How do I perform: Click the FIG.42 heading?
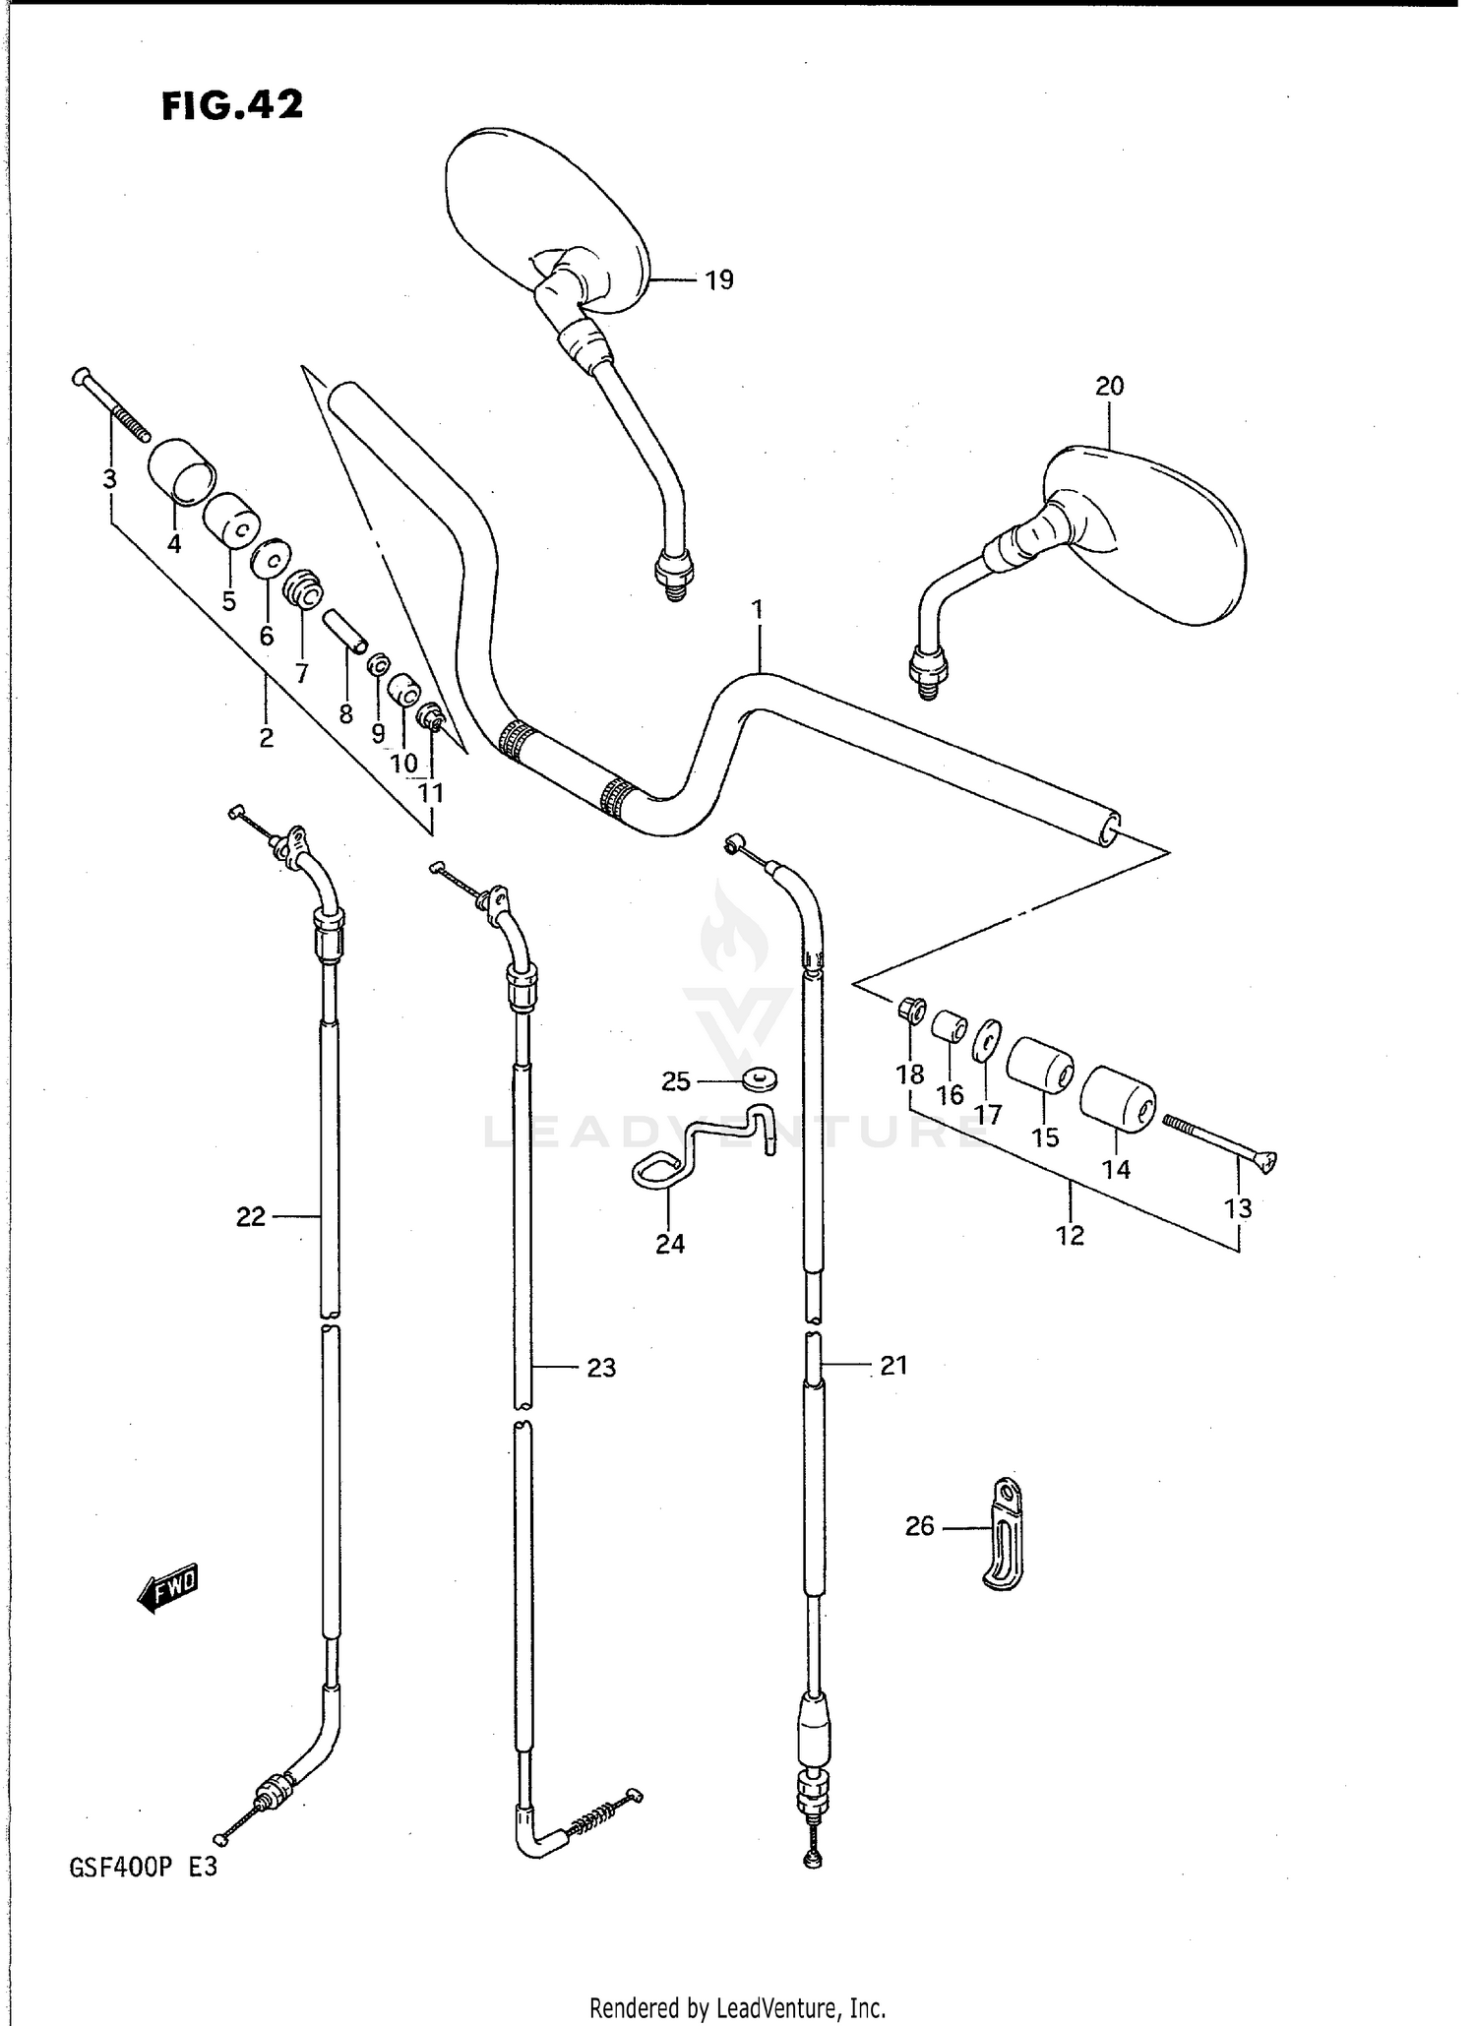(232, 104)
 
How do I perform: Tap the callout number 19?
(719, 280)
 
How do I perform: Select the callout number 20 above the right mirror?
(1109, 387)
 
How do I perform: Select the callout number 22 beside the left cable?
(251, 1218)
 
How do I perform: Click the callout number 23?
(601, 1368)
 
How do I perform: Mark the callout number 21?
(892, 1365)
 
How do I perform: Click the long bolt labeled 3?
(110, 403)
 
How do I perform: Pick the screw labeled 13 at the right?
(1220, 1141)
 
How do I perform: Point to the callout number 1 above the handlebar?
(758, 610)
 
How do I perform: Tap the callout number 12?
(1070, 1236)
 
